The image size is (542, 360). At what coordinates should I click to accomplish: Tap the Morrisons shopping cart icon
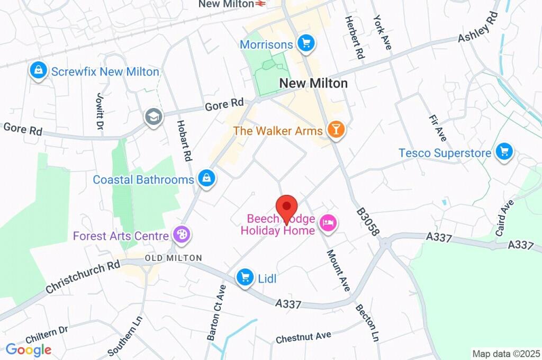click(305, 43)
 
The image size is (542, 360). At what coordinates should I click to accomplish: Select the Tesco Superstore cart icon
click(504, 152)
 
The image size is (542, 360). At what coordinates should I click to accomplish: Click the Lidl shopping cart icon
click(245, 277)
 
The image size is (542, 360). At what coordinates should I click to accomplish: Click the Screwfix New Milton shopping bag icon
click(39, 71)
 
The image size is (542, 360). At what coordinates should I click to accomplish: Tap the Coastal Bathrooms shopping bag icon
click(206, 179)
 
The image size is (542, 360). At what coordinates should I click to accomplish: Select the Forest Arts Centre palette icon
click(181, 235)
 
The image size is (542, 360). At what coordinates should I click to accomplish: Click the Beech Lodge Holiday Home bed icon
click(328, 223)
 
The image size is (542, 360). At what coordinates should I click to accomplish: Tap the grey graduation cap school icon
click(154, 117)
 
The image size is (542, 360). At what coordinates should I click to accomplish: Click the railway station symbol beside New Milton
click(259, 4)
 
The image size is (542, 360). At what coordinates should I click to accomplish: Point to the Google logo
click(29, 349)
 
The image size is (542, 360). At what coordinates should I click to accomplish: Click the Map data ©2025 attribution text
click(505, 353)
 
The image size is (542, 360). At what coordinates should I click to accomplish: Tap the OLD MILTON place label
click(173, 258)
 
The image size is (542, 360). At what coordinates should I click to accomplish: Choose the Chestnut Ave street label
click(303, 337)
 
